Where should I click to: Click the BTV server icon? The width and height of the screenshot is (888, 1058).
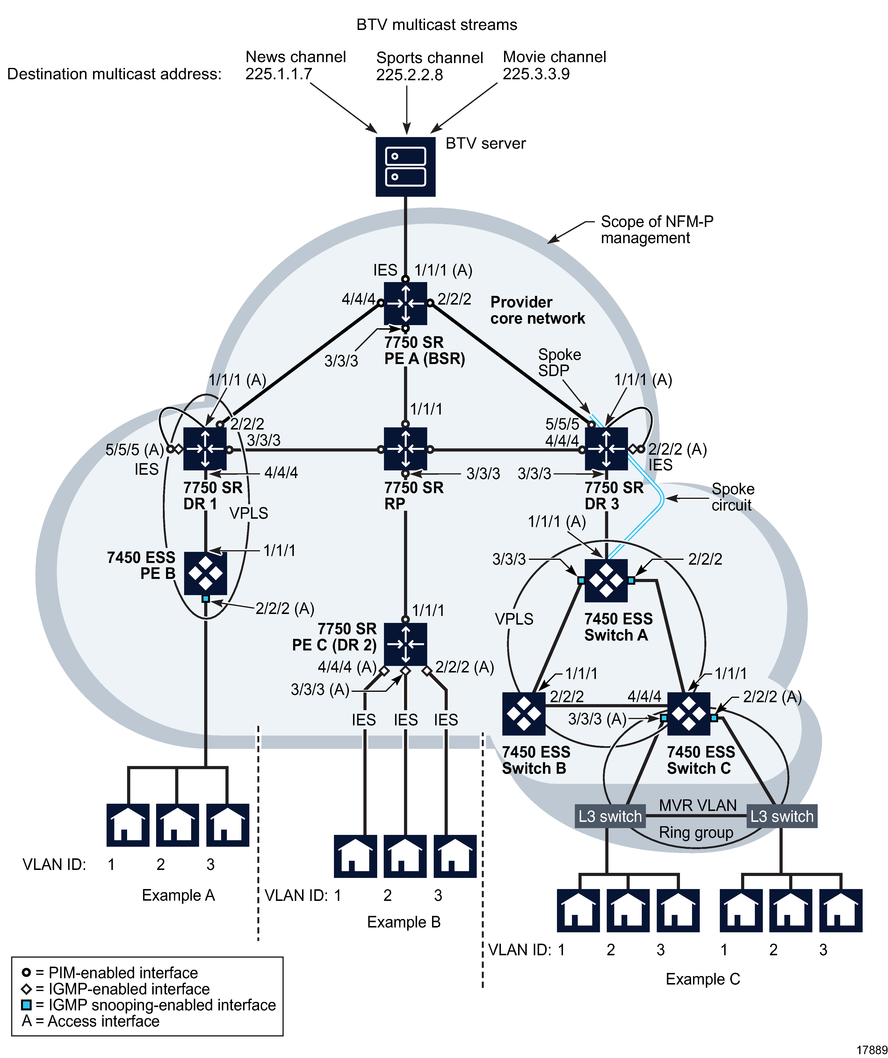pos(405,167)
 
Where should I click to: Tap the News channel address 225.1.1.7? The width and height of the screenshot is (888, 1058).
pos(279,74)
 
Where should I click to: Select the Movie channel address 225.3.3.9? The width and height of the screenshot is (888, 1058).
pos(536,74)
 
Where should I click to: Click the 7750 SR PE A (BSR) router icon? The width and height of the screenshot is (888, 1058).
pos(405,303)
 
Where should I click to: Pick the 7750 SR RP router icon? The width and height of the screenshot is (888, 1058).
pos(405,449)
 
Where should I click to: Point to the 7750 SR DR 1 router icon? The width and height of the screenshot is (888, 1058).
pos(205,449)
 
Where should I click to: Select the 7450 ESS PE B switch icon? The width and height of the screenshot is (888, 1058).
pos(205,573)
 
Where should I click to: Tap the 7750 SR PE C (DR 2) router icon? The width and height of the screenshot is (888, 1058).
pos(405,644)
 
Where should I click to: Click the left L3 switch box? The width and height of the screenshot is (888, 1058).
pos(610,816)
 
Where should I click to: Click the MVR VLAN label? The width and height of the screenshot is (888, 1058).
pos(698,805)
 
